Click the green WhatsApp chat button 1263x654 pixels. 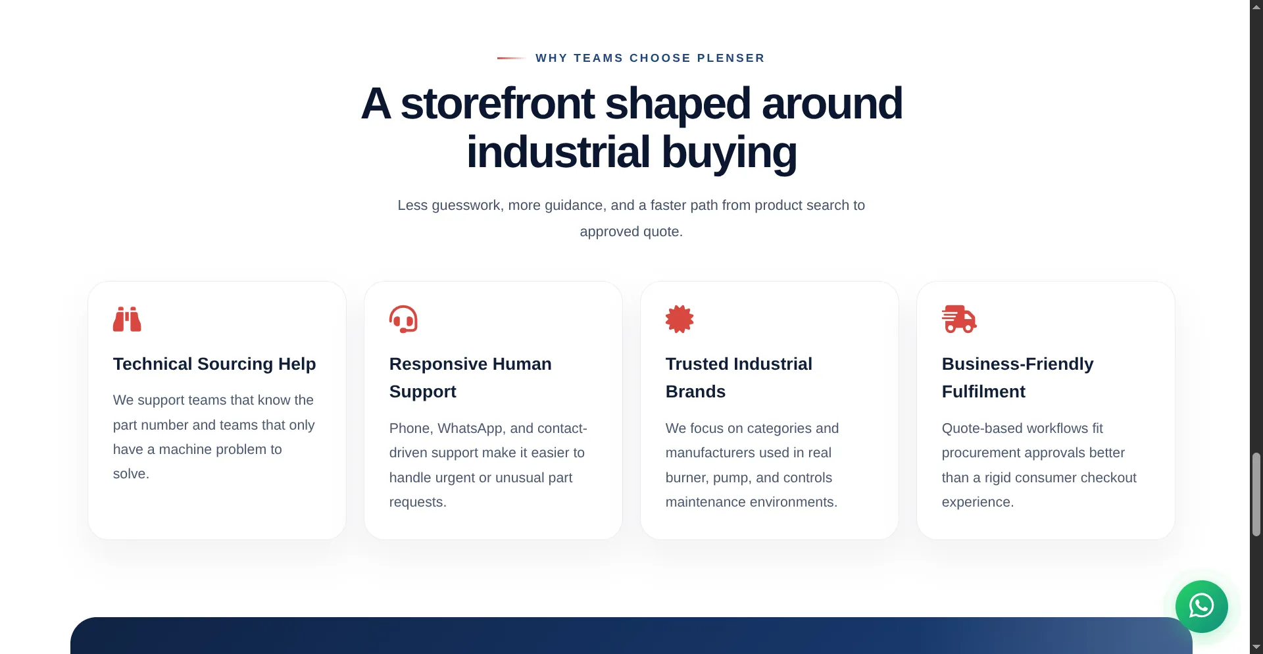(1201, 606)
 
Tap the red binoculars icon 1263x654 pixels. (127, 319)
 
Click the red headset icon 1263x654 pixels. (403, 319)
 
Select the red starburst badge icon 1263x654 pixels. (680, 319)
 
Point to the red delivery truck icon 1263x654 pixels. (959, 319)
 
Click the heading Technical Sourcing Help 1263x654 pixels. (214, 364)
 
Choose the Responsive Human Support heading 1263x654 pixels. (470, 378)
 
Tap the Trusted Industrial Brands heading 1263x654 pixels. (739, 378)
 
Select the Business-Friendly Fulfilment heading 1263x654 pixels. (1018, 378)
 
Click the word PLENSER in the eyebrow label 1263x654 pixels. (731, 58)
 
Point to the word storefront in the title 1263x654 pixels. (497, 103)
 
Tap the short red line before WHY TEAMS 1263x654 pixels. (510, 58)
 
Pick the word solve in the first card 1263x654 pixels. (130, 474)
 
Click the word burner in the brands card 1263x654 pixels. (685, 478)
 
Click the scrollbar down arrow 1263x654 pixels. (1256, 647)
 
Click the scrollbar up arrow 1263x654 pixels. (1256, 6)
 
